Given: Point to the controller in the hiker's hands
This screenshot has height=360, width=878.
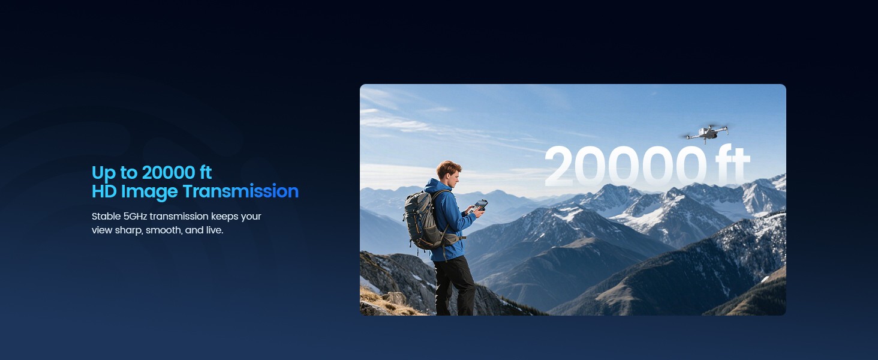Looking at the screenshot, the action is coord(480,205).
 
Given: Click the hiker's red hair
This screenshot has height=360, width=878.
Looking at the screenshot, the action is coord(449,167).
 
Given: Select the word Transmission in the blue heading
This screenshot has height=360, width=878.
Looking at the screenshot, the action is coord(240,191).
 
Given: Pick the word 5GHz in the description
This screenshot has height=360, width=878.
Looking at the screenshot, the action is coord(135,217).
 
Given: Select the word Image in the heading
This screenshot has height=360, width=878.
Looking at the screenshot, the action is coord(149,192).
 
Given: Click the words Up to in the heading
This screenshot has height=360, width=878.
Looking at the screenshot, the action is coord(115,173).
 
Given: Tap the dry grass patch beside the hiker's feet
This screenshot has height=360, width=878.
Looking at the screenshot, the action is coord(386,302).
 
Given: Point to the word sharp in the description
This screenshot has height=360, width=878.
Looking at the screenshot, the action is coord(128,230).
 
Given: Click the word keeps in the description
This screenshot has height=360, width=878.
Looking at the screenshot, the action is coord(224,217).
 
